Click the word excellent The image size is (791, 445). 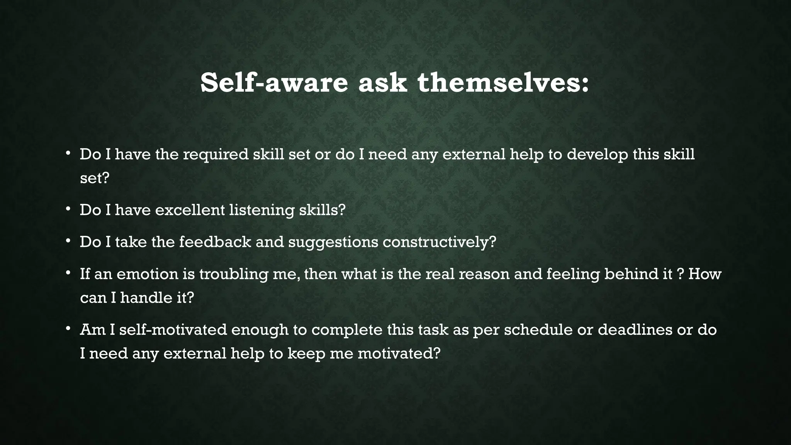[190, 210]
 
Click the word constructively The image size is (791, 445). [439, 242]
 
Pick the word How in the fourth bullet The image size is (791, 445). [705, 274]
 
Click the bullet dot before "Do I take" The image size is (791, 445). [68, 241]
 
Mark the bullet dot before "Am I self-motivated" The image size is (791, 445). [68, 329]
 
